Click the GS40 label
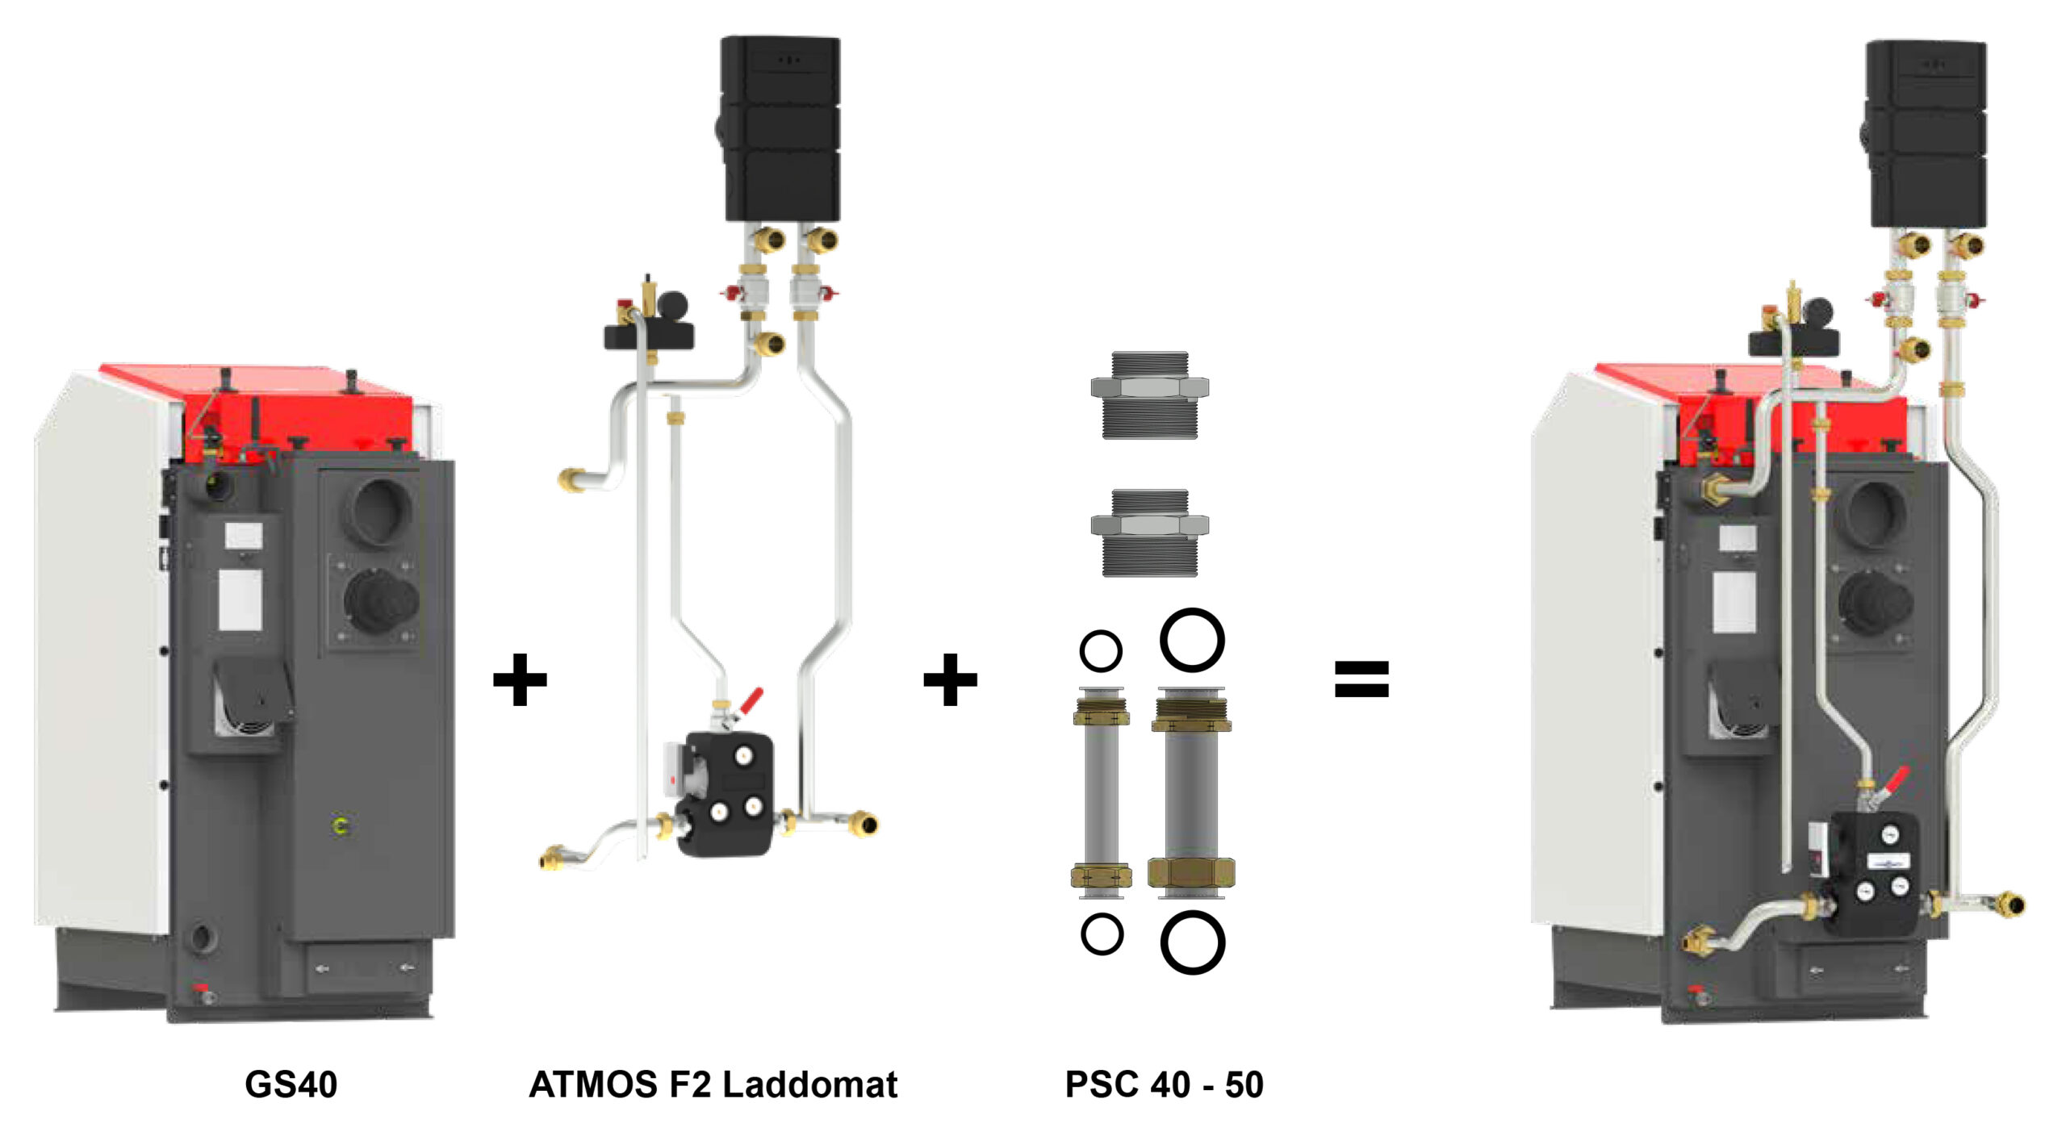(291, 1084)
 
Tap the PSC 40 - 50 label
(1164, 1084)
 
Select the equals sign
(1361, 679)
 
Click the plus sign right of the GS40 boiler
(520, 679)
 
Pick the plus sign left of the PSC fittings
(950, 679)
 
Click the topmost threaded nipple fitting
(1149, 395)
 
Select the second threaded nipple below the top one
(1149, 532)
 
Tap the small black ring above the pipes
(1101, 651)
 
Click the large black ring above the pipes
(1192, 640)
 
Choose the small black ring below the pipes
(1102, 934)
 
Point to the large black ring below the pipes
(1192, 942)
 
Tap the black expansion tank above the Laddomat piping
(780, 129)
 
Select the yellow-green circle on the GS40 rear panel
(341, 825)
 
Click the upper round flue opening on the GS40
(379, 512)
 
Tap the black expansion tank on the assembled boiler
(1926, 133)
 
